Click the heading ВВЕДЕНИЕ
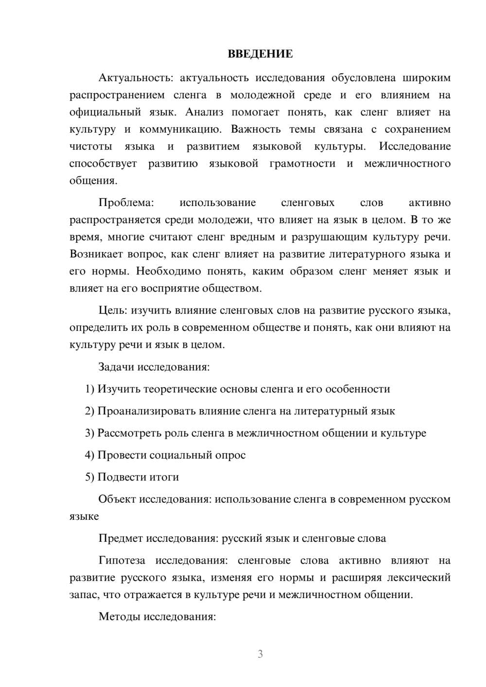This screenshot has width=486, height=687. pos(260,54)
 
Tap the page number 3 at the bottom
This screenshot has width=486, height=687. pos(260,654)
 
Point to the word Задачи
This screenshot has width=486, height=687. pos(117,366)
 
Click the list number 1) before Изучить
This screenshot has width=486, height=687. pos(89,389)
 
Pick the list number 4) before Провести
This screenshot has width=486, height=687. pos(89,455)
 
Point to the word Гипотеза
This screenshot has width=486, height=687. pos(122,560)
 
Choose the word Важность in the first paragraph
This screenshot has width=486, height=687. pos(256,129)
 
